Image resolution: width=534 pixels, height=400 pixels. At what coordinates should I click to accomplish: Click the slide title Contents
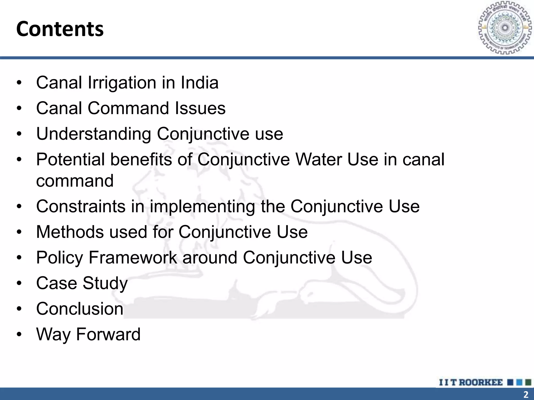tap(60, 29)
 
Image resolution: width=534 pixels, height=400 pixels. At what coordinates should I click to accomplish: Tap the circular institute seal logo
tap(505, 28)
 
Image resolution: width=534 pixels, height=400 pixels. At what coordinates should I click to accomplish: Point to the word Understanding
tap(94, 134)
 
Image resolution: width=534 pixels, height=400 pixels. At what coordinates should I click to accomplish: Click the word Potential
tap(70, 159)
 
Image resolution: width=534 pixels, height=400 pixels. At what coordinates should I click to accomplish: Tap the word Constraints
tap(81, 206)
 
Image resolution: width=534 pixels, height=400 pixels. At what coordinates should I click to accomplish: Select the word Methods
tap(70, 232)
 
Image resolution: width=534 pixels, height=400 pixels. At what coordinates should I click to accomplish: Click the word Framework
tap(133, 258)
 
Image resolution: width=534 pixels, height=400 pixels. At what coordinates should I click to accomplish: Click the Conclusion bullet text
tap(80, 309)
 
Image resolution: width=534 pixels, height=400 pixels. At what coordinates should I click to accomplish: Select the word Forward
tap(108, 334)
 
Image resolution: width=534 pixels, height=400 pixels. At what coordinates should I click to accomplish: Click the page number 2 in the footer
tap(526, 394)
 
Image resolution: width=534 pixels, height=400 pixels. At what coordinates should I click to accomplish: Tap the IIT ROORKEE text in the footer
tap(471, 382)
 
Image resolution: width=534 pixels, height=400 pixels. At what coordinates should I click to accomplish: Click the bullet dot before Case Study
tap(19, 283)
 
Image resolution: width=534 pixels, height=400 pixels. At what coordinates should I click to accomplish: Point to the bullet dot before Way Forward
tap(19, 334)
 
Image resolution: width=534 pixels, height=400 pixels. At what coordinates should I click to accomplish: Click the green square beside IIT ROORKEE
tap(528, 382)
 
